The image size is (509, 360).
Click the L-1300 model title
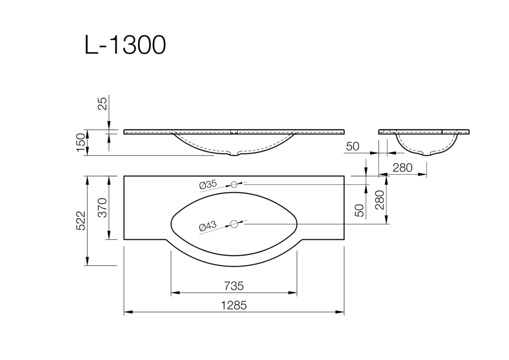click(x=125, y=45)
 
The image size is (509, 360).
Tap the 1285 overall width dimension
click(x=234, y=306)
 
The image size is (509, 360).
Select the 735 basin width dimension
click(x=234, y=286)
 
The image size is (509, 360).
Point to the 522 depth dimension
click(x=81, y=221)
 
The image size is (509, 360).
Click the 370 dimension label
click(x=102, y=208)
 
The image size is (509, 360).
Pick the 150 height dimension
click(x=81, y=142)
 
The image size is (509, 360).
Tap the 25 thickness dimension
click(x=102, y=104)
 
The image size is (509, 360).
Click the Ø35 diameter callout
click(x=208, y=185)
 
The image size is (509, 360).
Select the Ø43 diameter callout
click(x=208, y=226)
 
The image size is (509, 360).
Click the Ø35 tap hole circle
click(x=234, y=184)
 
